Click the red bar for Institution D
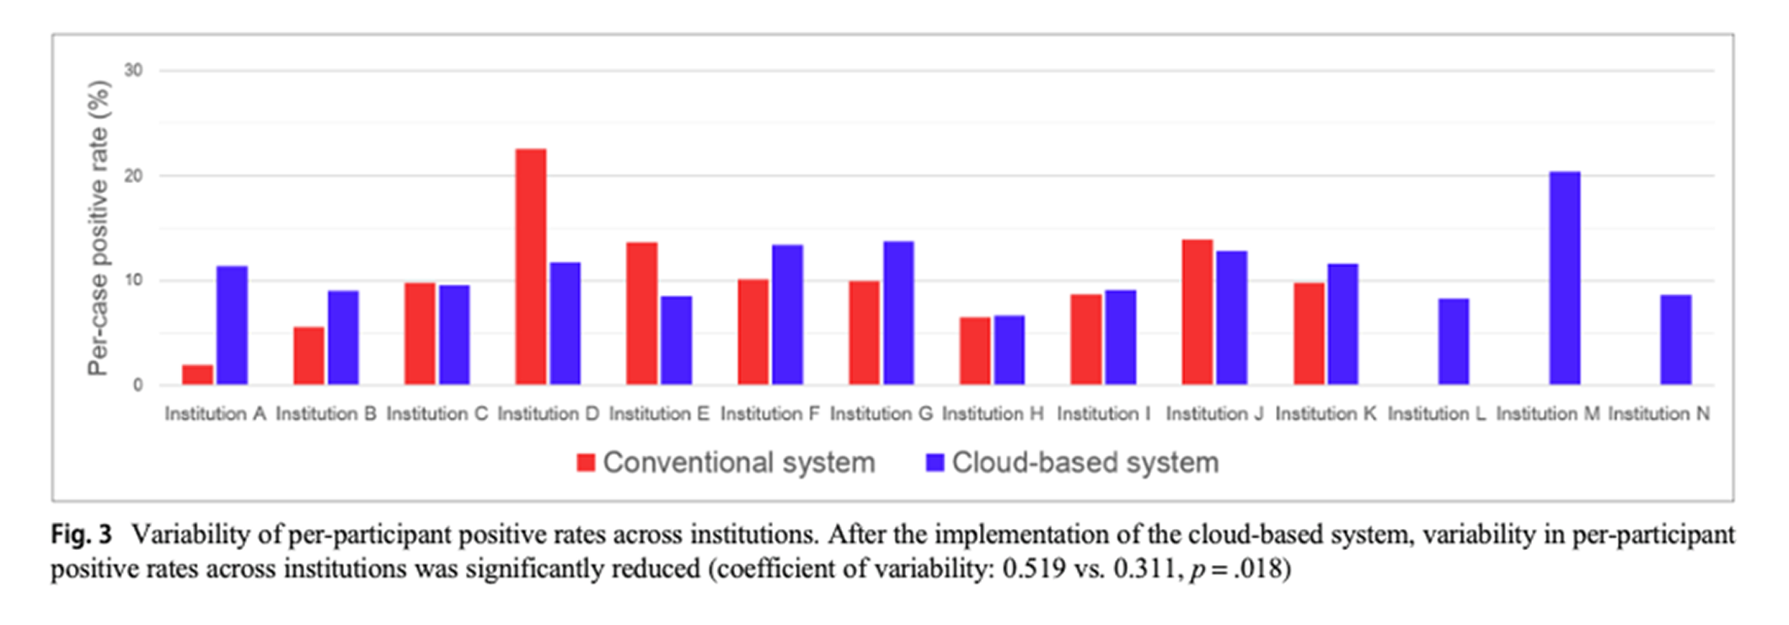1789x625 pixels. [531, 267]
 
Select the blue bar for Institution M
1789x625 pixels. [1565, 278]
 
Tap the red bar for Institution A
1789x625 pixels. [197, 374]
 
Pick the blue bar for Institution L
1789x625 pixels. [1454, 342]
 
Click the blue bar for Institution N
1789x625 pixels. [1676, 340]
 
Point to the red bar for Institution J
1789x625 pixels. [1197, 312]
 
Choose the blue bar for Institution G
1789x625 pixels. [898, 313]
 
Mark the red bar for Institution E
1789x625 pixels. [642, 314]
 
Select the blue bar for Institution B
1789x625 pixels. [343, 337]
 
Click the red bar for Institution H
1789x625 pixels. [975, 351]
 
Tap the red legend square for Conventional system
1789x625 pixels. [586, 462]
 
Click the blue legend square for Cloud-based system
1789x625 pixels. [935, 462]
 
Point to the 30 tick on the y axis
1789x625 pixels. [133, 71]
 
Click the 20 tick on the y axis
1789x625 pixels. [133, 175]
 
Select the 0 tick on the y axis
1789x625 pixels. [137, 385]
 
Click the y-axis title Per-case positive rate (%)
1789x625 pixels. [99, 228]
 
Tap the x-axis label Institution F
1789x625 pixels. [769, 414]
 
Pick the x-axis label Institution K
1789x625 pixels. [1326, 414]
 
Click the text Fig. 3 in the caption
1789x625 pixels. [81, 535]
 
